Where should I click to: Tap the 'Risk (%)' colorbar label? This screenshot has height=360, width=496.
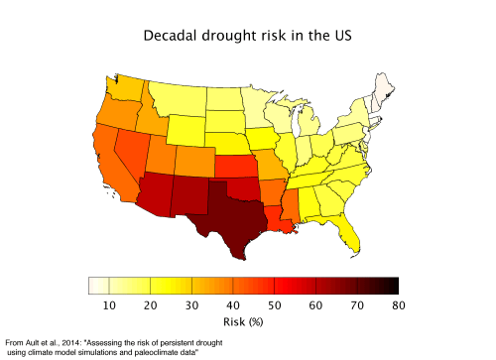click(x=242, y=322)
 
